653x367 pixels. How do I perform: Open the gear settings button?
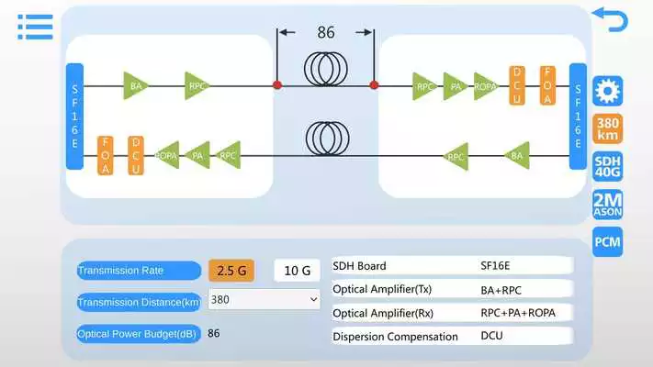(x=608, y=91)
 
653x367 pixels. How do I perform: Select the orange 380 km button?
(x=608, y=128)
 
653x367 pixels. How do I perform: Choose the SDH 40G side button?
(x=608, y=166)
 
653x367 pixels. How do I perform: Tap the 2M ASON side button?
(x=608, y=204)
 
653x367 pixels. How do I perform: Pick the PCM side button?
(x=608, y=241)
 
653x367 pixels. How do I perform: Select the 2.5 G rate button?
(x=231, y=270)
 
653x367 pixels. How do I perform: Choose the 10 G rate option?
(x=298, y=270)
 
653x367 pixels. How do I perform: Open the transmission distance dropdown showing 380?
(x=264, y=299)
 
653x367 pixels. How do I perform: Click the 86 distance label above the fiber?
(x=326, y=33)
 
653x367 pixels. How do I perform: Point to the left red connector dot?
(x=276, y=85)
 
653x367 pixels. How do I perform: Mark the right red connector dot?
(x=374, y=85)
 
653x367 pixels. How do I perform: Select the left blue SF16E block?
(x=75, y=117)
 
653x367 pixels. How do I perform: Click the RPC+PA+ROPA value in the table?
(x=518, y=313)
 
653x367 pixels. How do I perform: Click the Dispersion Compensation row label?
(x=395, y=337)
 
